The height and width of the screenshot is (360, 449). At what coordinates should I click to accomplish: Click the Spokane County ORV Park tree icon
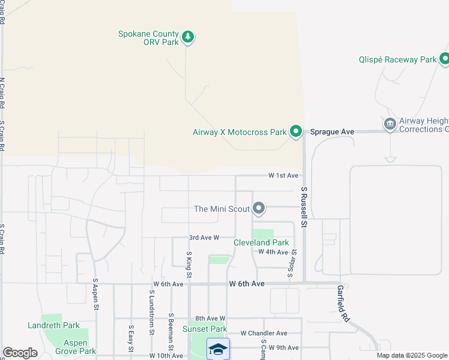click(x=188, y=37)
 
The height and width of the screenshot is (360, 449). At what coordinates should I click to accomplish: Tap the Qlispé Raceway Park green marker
click(x=445, y=59)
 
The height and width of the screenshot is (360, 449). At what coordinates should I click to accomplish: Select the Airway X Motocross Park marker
click(x=295, y=131)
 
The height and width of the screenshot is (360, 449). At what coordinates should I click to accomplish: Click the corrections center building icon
click(x=390, y=124)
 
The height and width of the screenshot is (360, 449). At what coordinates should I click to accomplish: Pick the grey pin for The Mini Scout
click(x=259, y=208)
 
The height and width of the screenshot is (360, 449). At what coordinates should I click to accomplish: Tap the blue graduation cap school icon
click(x=218, y=349)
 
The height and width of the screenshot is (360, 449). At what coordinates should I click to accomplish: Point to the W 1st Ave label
click(x=283, y=175)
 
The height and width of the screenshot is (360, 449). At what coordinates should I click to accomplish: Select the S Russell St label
click(x=304, y=207)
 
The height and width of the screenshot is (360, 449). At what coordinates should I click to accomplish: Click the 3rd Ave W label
click(x=203, y=238)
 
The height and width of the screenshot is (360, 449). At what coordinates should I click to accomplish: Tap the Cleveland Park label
click(x=261, y=242)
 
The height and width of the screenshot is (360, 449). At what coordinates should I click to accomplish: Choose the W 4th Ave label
click(x=273, y=251)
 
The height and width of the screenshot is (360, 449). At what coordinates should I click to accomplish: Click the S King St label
click(x=188, y=264)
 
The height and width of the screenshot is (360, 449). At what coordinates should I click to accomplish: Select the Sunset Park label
click(x=208, y=329)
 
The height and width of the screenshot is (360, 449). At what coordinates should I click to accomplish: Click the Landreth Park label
click(x=53, y=325)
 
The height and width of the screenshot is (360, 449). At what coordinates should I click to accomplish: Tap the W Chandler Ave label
click(x=264, y=333)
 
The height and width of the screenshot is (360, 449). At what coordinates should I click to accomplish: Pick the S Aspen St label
click(x=95, y=293)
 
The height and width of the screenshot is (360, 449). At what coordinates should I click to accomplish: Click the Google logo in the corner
click(x=20, y=353)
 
